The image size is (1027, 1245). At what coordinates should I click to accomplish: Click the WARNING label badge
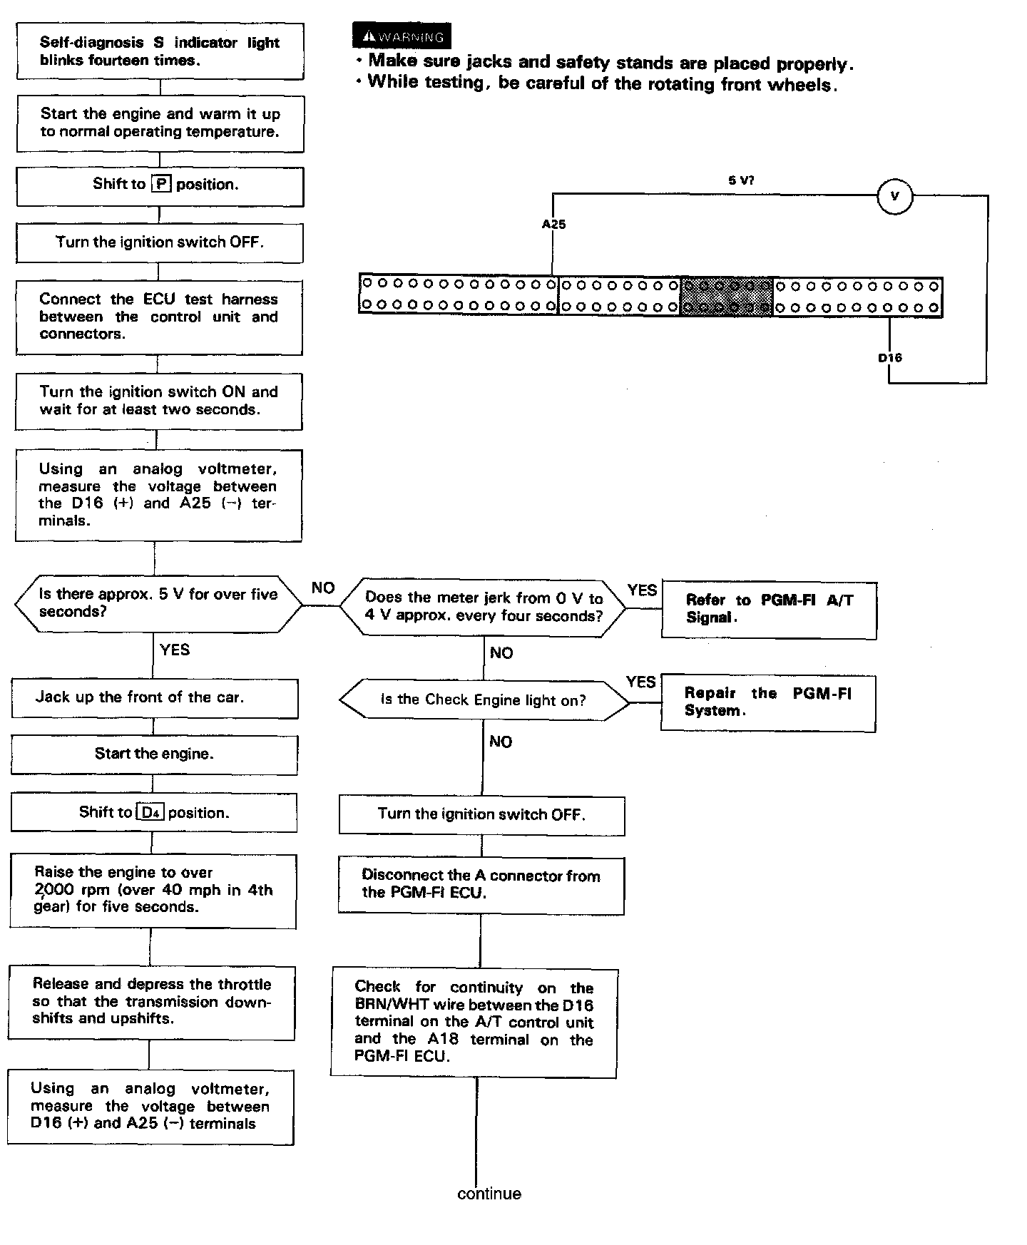[x=402, y=36]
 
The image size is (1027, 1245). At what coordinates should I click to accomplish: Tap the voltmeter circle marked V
[x=895, y=196]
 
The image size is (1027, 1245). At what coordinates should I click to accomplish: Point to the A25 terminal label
[x=553, y=224]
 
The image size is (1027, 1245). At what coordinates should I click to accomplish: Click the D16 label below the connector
[x=889, y=357]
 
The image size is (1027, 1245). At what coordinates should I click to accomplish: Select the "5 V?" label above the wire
[x=741, y=180]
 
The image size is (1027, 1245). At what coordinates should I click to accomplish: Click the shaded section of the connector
[x=727, y=296]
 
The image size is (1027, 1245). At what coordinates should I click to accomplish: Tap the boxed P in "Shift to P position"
[x=161, y=184]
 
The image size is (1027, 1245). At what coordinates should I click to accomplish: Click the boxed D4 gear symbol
[x=150, y=813]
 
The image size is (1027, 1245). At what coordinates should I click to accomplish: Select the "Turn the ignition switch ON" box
[x=158, y=401]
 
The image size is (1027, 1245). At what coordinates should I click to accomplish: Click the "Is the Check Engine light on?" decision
[x=484, y=700]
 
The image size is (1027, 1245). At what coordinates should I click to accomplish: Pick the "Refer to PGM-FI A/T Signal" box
[x=769, y=609]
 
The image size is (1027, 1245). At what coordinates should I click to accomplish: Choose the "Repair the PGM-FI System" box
[x=767, y=702]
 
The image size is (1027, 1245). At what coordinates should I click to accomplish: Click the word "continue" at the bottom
[x=489, y=1194]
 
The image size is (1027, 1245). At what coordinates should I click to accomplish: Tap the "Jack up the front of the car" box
[x=154, y=697]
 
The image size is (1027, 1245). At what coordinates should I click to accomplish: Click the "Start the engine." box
[x=154, y=754]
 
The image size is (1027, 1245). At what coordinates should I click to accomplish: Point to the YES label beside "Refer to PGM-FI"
[x=642, y=590]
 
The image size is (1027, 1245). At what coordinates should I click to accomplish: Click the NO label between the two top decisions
[x=323, y=588]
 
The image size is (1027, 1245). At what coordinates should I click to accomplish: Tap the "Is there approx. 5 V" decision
[x=158, y=603]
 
